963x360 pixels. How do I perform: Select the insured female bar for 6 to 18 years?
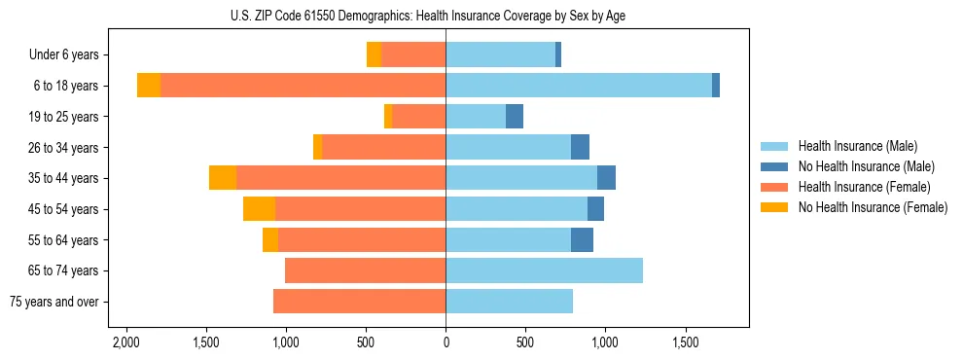[303, 86]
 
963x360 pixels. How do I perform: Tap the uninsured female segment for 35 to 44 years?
[223, 178]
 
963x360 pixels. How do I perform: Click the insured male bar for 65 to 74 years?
[544, 270]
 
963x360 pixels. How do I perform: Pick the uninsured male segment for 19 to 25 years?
[515, 117]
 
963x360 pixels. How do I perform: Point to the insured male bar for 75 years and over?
[509, 302]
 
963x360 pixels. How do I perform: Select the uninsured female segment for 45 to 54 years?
[259, 209]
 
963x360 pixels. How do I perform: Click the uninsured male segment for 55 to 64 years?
[582, 240]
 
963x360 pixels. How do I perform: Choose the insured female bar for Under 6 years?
[413, 54]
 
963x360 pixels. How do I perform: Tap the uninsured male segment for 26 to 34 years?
[580, 147]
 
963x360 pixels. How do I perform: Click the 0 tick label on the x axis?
[446, 342]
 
